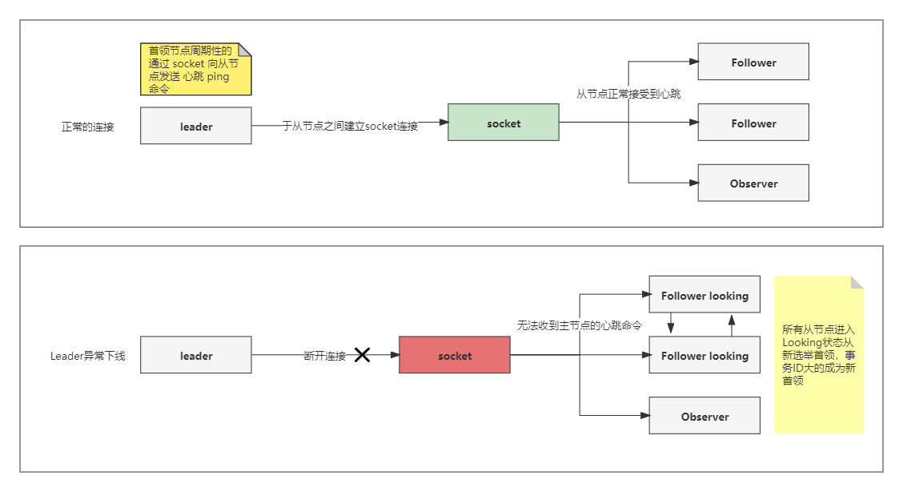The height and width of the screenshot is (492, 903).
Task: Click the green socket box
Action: [503, 123]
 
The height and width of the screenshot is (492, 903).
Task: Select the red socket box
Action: [455, 356]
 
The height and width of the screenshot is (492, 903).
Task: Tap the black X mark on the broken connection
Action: [362, 355]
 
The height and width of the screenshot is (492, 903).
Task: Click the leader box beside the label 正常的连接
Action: [196, 126]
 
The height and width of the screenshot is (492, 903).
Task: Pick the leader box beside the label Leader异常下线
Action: [196, 355]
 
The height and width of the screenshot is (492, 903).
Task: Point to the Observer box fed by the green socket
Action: [753, 183]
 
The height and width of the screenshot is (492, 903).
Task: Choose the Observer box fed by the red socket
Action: [704, 416]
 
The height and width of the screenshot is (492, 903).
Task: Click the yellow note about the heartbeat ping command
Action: [195, 70]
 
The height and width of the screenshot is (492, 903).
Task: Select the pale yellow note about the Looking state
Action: [818, 355]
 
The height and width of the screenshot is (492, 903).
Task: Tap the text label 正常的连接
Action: [88, 127]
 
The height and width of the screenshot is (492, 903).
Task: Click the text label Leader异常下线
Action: [88, 356]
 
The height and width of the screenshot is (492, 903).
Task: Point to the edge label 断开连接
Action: [325, 356]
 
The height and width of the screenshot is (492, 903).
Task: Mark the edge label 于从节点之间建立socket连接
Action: [350, 126]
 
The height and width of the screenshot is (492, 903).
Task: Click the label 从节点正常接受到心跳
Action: [628, 94]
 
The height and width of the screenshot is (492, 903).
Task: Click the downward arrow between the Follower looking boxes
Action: [671, 325]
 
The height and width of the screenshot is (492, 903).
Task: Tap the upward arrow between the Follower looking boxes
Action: [731, 325]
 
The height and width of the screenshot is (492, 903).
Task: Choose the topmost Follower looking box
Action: [704, 295]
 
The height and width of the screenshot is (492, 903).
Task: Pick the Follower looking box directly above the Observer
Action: [704, 355]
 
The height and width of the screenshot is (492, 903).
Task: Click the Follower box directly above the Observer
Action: [753, 123]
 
